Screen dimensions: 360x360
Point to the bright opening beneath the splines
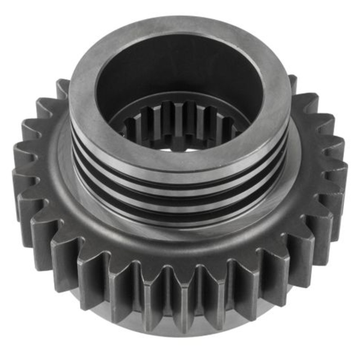coord(180,143)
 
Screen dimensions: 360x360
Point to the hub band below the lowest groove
coord(180,216)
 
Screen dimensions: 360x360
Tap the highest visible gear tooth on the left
coord(63,88)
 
